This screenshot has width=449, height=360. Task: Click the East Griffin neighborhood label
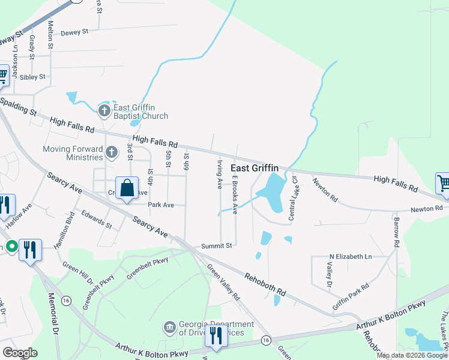255,169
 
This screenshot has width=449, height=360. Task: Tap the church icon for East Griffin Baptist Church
104,110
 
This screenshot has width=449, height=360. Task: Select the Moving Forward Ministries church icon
111,152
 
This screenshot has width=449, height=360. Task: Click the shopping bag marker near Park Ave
127,188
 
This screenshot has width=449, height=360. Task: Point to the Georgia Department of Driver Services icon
170,328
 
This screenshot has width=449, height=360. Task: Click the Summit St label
216,246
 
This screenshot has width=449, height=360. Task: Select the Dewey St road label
74,31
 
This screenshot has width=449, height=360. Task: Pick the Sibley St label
32,77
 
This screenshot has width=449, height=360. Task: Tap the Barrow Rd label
396,232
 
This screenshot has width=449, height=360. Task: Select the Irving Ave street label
220,174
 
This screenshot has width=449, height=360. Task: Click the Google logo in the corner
20,353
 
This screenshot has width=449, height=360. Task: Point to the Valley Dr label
330,275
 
